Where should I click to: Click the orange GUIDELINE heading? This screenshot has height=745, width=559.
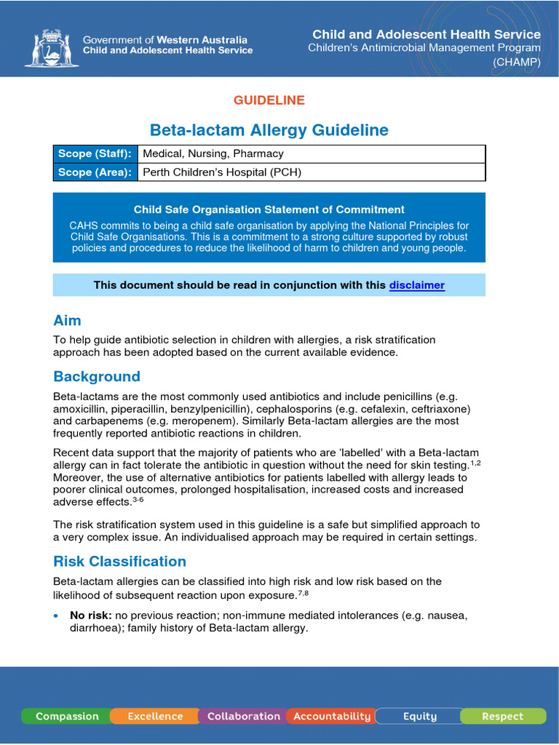[269, 100]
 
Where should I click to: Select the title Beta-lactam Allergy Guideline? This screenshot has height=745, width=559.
[269, 130]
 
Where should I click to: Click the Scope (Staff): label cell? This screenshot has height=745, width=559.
[95, 154]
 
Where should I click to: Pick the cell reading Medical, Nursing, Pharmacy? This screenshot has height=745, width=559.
[213, 154]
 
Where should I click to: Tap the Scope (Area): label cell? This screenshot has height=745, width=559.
[95, 172]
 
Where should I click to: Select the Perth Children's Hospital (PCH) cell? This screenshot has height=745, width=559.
[222, 172]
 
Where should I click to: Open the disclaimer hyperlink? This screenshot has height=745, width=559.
[416, 285]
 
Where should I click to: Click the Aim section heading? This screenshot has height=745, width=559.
[67, 321]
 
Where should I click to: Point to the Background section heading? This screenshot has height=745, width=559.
[96, 377]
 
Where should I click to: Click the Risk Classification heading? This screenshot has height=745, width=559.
[119, 562]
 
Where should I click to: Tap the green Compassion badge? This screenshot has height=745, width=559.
[67, 716]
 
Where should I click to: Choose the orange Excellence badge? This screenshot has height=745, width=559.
[155, 716]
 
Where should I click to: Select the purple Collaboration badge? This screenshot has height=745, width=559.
[243, 716]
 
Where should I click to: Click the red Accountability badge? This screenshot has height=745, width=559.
[331, 716]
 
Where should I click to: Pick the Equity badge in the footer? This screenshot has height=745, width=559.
[419, 716]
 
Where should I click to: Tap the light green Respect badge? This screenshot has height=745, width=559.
[502, 716]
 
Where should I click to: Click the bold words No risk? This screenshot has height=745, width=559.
[90, 615]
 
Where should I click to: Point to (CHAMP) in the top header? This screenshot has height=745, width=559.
[516, 62]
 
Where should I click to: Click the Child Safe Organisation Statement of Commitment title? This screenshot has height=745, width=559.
[269, 210]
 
